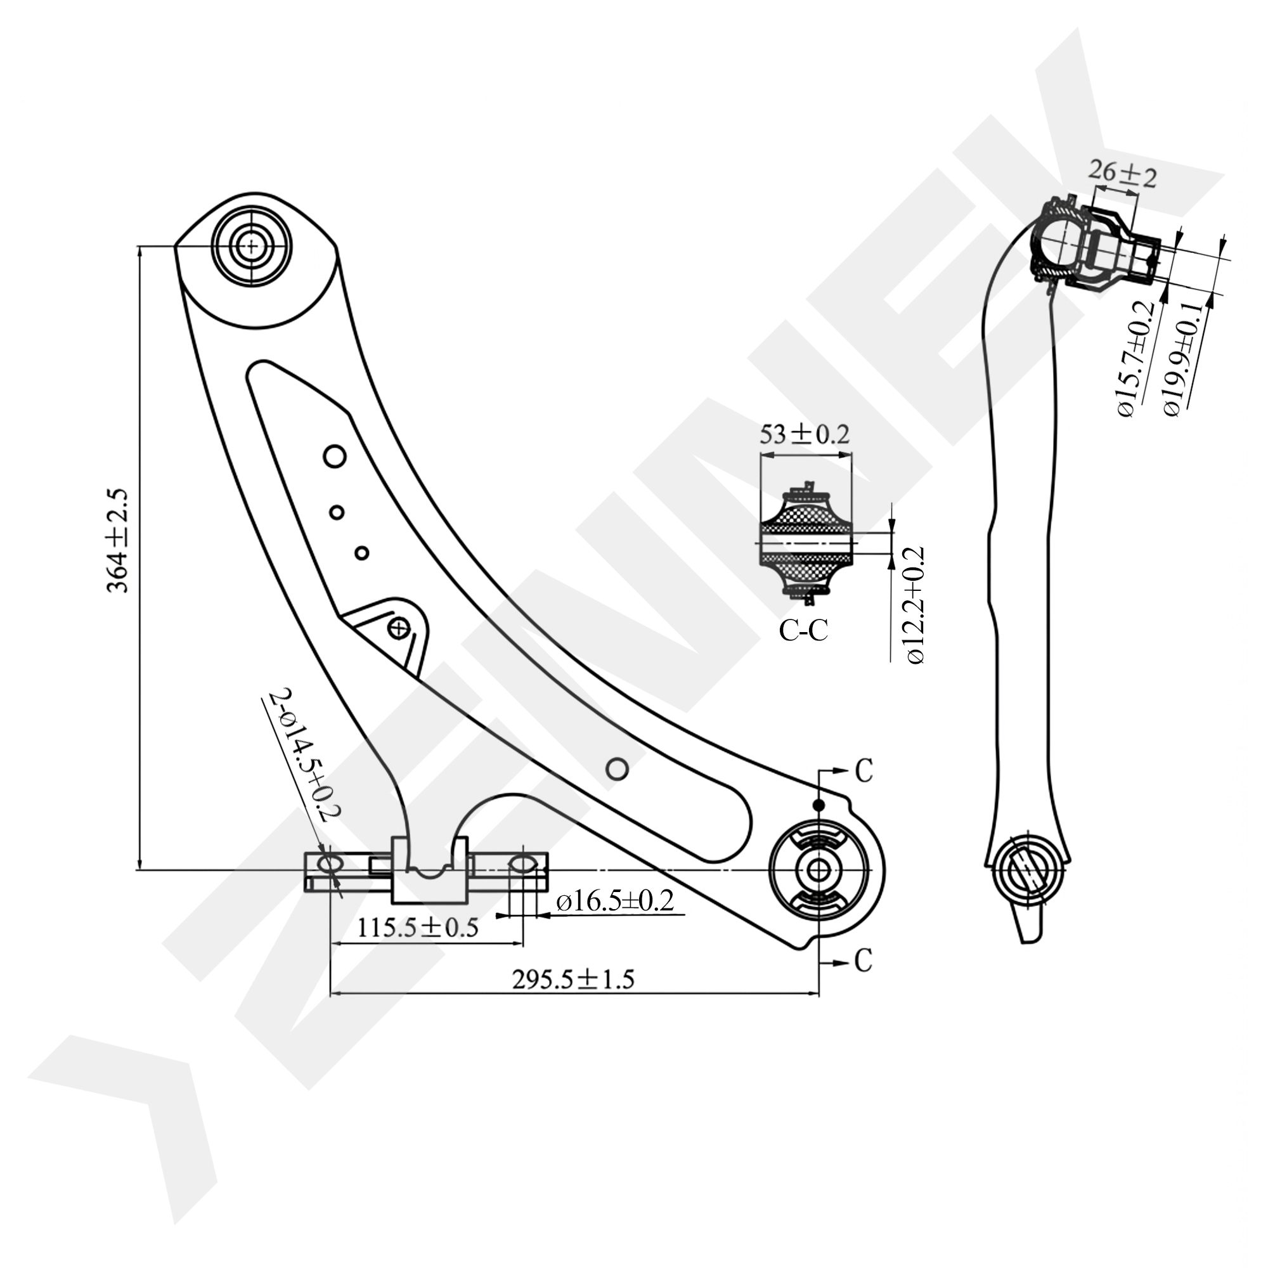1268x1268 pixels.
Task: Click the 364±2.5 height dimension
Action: [x=119, y=540]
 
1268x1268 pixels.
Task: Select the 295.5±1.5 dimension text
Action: [x=573, y=980]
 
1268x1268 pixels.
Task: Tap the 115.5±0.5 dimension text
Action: [x=418, y=928]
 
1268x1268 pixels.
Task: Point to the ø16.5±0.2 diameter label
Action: [x=615, y=901]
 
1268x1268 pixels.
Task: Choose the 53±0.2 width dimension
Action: [x=804, y=434]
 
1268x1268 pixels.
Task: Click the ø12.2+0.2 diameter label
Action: [x=916, y=604]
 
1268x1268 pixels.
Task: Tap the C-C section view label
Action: [x=803, y=630]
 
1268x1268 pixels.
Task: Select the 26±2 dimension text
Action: [x=1122, y=176]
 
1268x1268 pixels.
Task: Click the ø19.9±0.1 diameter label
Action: [x=1182, y=359]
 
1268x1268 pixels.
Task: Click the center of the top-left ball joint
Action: [x=250, y=247]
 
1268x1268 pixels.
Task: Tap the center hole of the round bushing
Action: [x=817, y=870]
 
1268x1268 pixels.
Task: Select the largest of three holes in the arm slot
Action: [x=335, y=455]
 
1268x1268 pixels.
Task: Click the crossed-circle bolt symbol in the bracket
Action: [x=398, y=628]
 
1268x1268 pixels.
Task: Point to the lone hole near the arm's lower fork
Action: [x=617, y=768]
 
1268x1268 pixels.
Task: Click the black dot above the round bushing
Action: [x=818, y=805]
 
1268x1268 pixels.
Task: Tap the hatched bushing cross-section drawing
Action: [x=806, y=544]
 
